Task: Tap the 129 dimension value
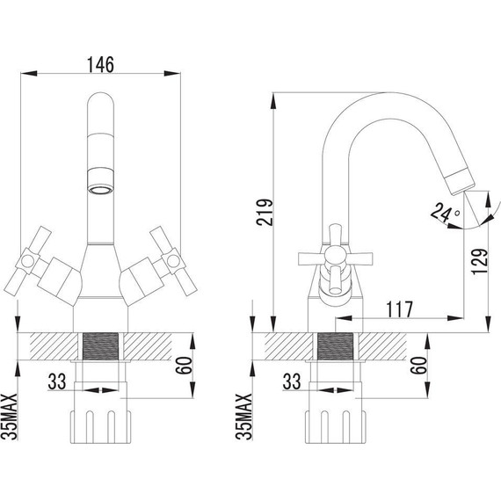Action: click(x=479, y=262)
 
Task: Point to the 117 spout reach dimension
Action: click(x=399, y=310)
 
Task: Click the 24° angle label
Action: click(x=445, y=213)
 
